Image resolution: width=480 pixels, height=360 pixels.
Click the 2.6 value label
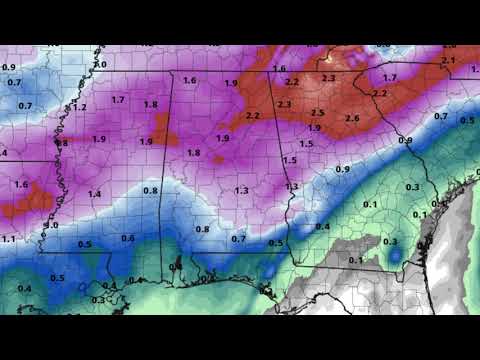pos(352,118)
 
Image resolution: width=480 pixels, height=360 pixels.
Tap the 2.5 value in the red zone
pos(318,113)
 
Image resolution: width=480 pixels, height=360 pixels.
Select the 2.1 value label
pos(447,62)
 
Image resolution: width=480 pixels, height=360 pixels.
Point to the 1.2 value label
pos(81,107)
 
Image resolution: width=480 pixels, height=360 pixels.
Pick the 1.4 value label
pos(94,193)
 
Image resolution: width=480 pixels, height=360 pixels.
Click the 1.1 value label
pos(8,239)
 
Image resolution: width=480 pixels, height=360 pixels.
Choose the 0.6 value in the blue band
pos(128,237)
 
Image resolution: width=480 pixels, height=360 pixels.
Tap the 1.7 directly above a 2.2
pos(390,77)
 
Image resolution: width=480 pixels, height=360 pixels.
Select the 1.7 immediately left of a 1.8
pos(118,99)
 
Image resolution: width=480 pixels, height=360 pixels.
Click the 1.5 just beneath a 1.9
pos(306,144)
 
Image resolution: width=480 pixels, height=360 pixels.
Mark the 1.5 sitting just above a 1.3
pos(290,160)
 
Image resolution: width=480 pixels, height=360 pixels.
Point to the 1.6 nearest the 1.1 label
pos(22,185)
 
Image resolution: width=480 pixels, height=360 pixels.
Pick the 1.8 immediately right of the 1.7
pos(151,104)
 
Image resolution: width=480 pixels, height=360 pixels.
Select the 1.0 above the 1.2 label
pos(100,65)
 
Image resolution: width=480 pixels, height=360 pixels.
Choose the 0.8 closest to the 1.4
pos(151,190)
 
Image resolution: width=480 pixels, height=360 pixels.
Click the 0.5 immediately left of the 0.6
pos(84,244)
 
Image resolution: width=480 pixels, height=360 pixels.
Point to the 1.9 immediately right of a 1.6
pos(231,83)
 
